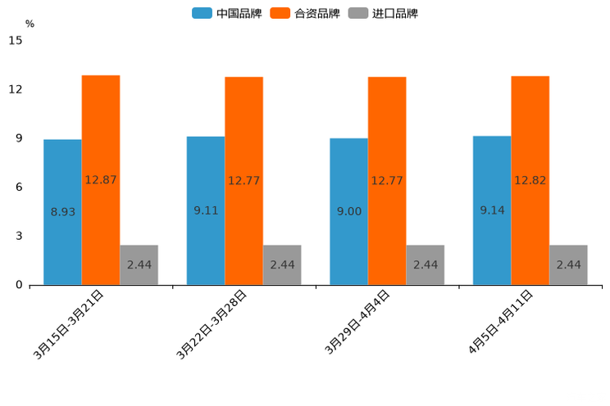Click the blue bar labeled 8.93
pyautogui.click(x=62, y=212)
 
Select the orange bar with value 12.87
pyautogui.click(x=101, y=180)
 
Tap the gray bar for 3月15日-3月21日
pyautogui.click(x=139, y=264)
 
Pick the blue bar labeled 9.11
pyautogui.click(x=206, y=210)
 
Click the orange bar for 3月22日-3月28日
pyautogui.click(x=244, y=181)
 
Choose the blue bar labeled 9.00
pyautogui.click(x=348, y=211)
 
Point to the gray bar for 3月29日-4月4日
pyautogui.click(x=425, y=264)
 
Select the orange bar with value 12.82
pyautogui.click(x=530, y=180)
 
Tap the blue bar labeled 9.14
pyautogui.click(x=492, y=210)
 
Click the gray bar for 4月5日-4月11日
pyautogui.click(x=568, y=264)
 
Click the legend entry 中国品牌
pyautogui.click(x=226, y=13)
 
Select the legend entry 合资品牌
pyautogui.click(x=305, y=13)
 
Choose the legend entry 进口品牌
pyautogui.click(x=383, y=13)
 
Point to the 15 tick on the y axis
pyautogui.click(x=15, y=40)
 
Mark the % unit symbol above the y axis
pyautogui.click(x=30, y=24)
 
